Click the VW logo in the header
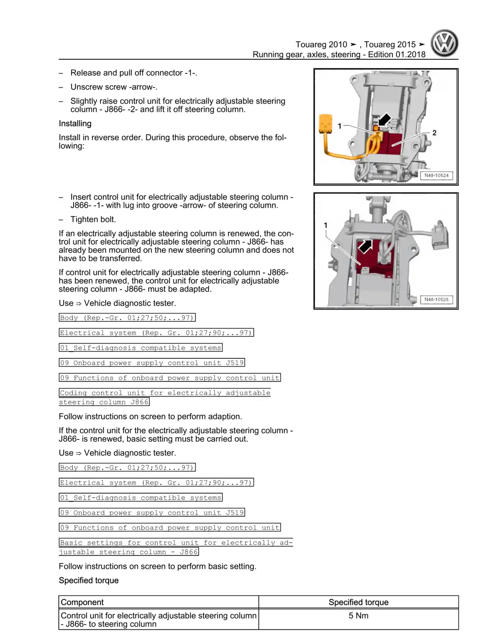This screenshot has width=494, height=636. (444, 43)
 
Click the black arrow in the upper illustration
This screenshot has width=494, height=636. (384, 120)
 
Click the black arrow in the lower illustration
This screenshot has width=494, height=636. (365, 246)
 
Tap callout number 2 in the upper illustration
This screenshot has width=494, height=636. (434, 132)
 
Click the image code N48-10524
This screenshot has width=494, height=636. (436, 175)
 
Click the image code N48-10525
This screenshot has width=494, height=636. (436, 299)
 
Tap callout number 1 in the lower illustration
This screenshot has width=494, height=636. (326, 225)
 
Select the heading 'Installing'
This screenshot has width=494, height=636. (75, 123)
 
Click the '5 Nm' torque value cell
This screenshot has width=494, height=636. (358, 615)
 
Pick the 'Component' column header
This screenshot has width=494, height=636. (82, 602)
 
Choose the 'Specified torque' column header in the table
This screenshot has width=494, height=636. (358, 602)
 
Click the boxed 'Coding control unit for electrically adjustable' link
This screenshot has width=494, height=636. (165, 393)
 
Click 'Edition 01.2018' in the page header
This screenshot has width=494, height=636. (396, 54)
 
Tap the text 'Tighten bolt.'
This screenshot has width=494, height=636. (93, 219)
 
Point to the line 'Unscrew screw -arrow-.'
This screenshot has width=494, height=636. (114, 87)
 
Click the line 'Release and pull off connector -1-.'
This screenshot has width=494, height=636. (133, 73)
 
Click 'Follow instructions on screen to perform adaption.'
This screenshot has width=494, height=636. (150, 416)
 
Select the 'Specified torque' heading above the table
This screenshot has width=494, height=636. (89, 580)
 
